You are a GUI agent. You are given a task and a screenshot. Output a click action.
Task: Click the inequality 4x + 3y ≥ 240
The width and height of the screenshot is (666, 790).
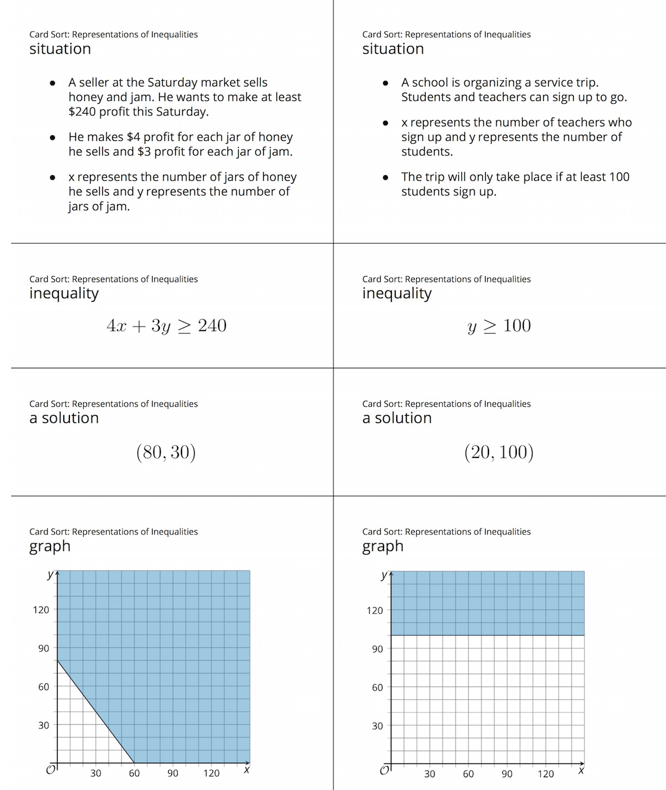pos(167,325)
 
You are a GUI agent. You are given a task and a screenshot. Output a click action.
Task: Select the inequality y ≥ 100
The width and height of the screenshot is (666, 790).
pos(500,325)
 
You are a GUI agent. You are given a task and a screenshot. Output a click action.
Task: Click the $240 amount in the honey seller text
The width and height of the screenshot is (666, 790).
pos(82,111)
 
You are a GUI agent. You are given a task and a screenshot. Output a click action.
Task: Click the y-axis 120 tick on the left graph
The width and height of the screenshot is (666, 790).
pos(41,610)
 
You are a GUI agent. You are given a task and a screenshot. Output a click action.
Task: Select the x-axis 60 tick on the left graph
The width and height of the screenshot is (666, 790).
pos(134,773)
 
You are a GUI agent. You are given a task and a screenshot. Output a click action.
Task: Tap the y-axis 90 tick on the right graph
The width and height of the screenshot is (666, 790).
pos(377,649)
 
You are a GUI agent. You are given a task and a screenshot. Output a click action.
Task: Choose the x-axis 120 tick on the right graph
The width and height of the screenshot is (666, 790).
pos(546,774)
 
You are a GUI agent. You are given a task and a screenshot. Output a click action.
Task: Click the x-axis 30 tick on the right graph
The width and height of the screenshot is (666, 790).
pos(430,774)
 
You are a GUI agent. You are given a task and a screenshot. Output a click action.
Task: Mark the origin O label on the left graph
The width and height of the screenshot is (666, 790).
pos(50,770)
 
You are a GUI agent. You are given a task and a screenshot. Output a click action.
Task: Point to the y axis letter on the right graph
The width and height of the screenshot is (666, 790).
pos(384,575)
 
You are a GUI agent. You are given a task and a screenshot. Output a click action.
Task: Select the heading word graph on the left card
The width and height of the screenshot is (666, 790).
pos(50,546)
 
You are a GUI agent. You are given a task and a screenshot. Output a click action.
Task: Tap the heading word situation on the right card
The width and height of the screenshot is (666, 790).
pos(393,49)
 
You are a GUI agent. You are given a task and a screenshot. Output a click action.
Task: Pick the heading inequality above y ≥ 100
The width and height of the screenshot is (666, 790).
pos(397,293)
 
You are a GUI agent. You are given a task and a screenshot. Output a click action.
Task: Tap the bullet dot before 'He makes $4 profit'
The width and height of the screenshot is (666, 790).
pos(52,137)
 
